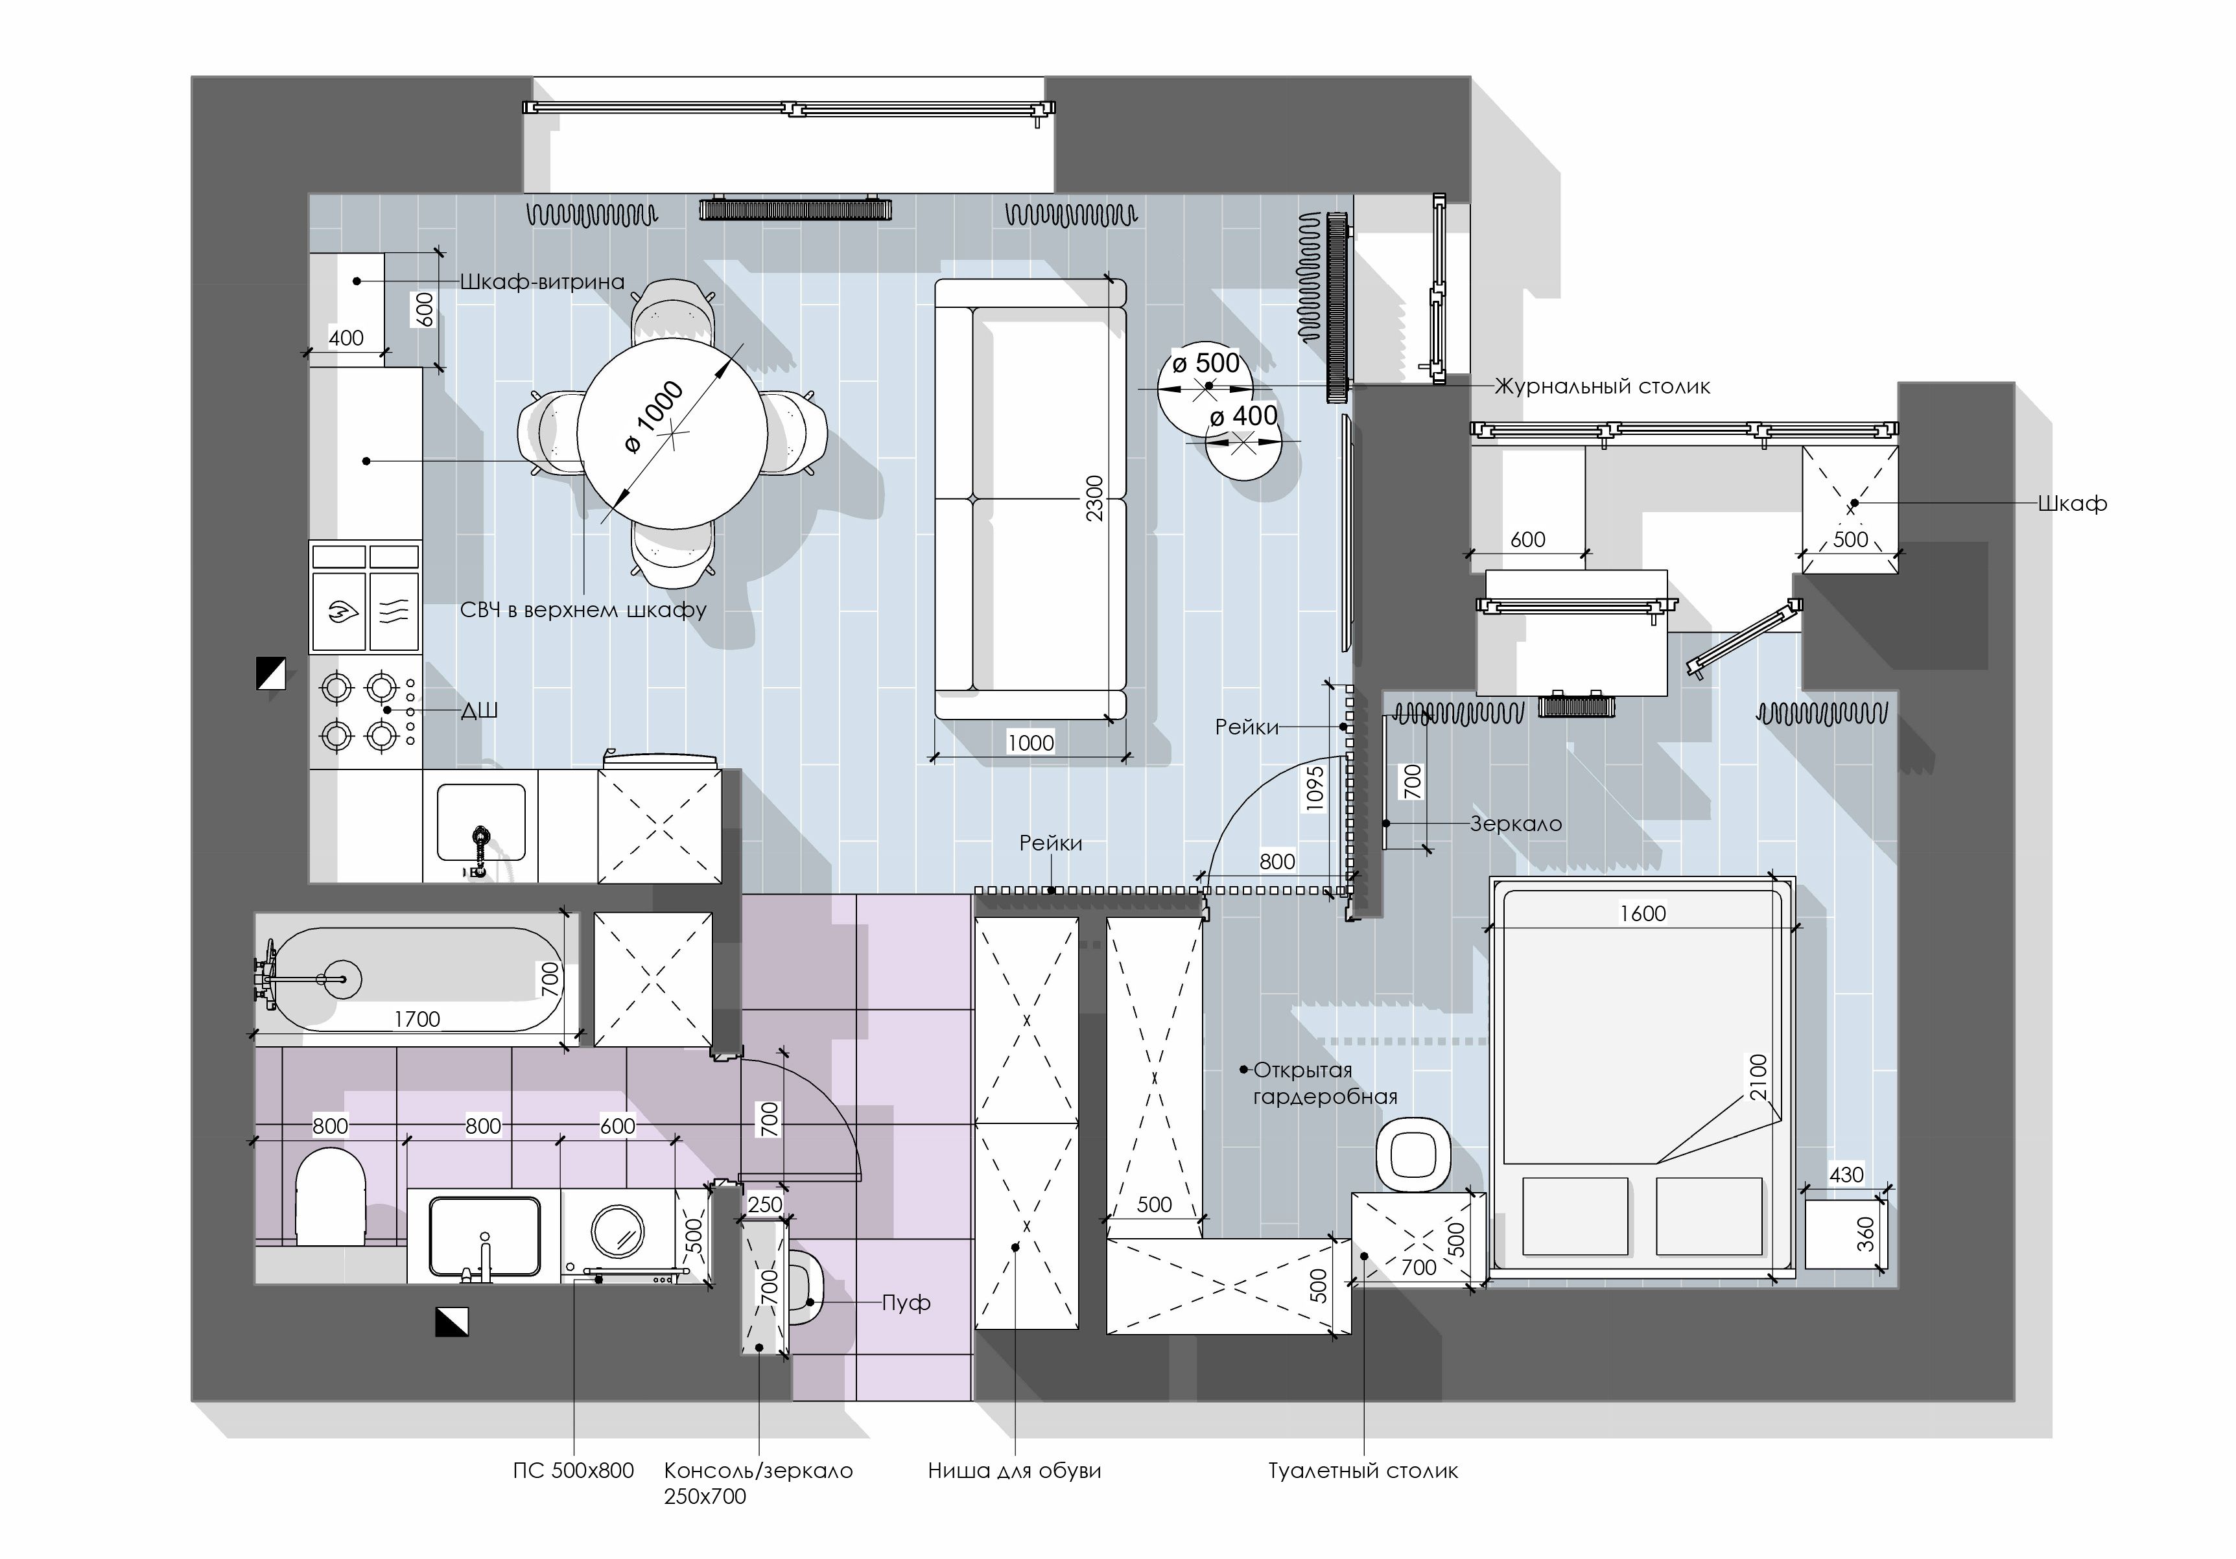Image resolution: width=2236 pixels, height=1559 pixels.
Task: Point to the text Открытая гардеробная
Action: pyautogui.click(x=1325, y=1083)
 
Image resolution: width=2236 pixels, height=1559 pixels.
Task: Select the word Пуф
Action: pyautogui.click(x=906, y=1303)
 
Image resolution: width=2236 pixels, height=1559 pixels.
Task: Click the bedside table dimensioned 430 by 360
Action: pyautogui.click(x=1846, y=1234)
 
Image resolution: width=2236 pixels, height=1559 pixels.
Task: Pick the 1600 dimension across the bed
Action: pyautogui.click(x=1643, y=913)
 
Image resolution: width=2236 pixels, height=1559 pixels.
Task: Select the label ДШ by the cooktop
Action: pyautogui.click(x=479, y=711)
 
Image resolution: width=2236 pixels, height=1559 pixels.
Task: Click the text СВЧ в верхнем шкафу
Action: pyautogui.click(x=583, y=611)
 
